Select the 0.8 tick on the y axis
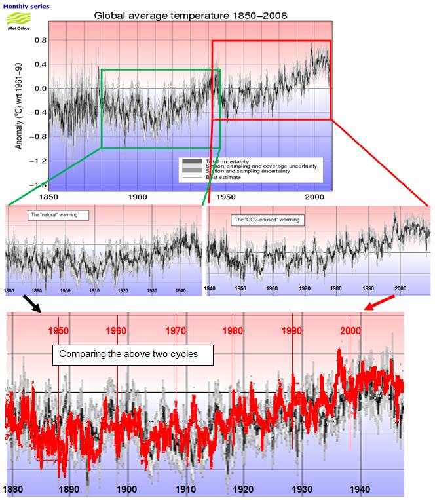(39, 40)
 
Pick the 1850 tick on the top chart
(49, 197)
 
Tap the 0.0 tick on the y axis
(39, 88)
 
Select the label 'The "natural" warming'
(58, 215)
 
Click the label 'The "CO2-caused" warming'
(267, 220)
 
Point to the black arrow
(31, 303)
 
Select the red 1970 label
(176, 330)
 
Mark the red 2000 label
(350, 330)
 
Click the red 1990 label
(292, 330)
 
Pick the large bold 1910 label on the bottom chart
(185, 489)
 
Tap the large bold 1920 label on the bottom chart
(243, 489)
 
